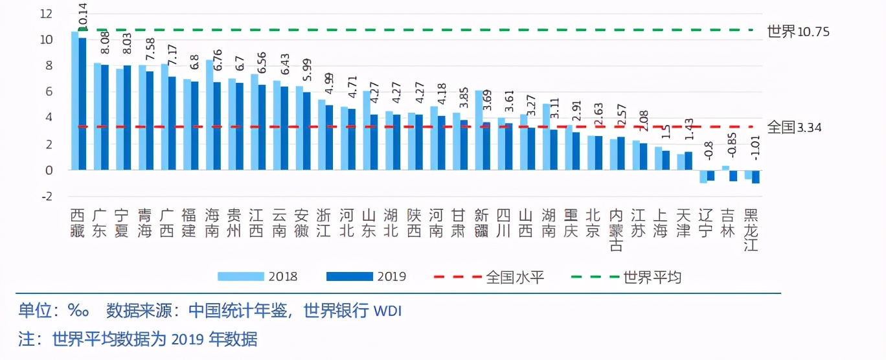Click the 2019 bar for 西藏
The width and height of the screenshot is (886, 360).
coord(82,104)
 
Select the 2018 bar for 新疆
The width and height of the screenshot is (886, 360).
coord(479,129)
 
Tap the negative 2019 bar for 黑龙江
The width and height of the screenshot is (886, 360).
coord(755,177)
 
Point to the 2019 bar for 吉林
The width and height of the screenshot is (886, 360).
coord(733,175)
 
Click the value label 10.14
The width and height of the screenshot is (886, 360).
coord(82,16)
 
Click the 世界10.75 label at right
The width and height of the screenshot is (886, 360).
coord(798,31)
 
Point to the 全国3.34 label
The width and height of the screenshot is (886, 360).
coord(794,127)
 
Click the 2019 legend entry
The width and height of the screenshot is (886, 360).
coord(367,276)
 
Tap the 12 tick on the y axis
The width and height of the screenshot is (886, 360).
coord(46,14)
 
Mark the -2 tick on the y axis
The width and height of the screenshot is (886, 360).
coord(46,196)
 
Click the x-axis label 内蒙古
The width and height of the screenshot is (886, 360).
coord(617,230)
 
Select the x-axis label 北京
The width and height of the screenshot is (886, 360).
coord(595,223)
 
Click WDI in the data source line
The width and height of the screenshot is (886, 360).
coord(388,311)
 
